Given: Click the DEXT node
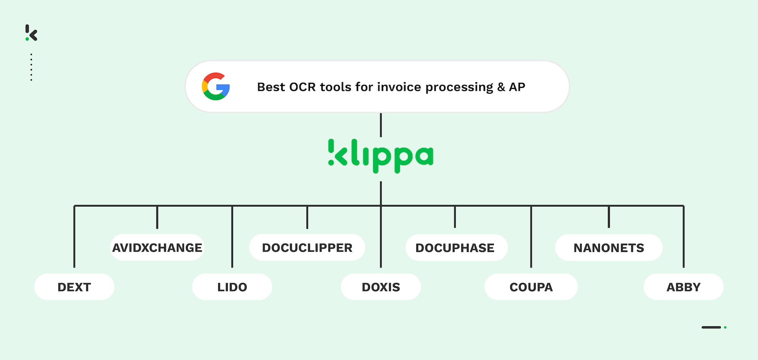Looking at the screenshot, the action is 74,287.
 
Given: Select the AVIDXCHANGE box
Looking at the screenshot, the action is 157,247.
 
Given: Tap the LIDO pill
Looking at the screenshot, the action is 232,287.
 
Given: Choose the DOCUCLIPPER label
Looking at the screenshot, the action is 307,247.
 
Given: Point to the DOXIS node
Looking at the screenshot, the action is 381,287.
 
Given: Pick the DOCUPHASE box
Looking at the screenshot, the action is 455,247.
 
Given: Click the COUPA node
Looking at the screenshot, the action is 531,287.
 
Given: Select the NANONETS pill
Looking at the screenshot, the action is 609,247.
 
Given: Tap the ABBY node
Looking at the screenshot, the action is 683,287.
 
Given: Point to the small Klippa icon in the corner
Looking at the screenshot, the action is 31,33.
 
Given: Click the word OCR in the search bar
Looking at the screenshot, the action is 302,87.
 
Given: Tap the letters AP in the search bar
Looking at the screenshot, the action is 517,87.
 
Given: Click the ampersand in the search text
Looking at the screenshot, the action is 501,87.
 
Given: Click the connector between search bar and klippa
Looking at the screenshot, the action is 381,125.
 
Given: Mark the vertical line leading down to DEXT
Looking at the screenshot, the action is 74,236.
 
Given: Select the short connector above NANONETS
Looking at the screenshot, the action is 609,217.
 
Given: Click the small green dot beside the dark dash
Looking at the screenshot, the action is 725,327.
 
